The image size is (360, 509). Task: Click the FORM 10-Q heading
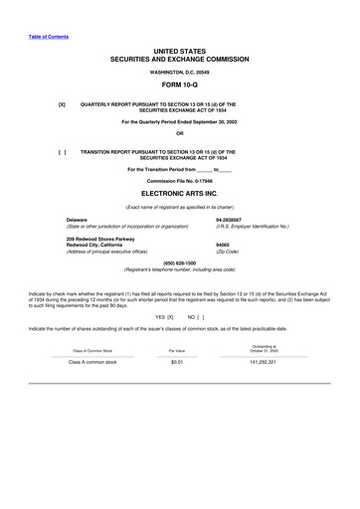point(180,86)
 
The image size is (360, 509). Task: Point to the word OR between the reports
point(180,134)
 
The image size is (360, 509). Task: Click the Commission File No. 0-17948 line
point(180,181)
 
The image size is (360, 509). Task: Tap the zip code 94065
point(222,245)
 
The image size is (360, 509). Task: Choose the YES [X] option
point(165,315)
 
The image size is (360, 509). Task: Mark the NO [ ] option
point(195,315)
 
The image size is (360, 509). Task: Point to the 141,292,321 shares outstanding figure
point(265,363)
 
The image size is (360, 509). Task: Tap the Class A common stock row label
point(92,363)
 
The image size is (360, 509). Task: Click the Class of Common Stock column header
point(92,351)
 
